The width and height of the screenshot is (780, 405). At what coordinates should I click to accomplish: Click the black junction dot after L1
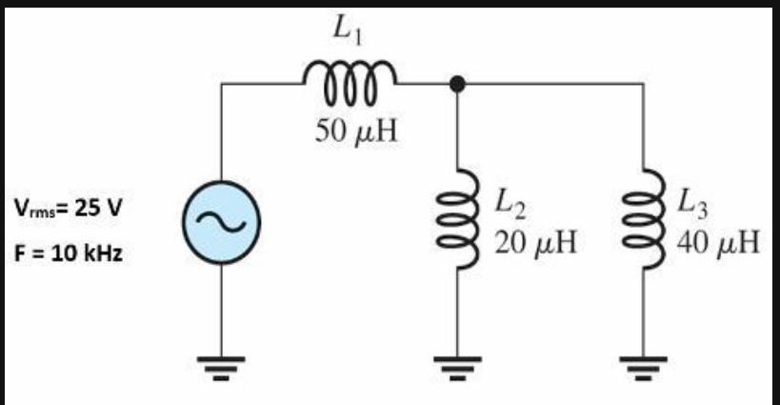pos(457,84)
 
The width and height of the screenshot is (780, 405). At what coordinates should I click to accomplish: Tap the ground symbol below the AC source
pos(220,364)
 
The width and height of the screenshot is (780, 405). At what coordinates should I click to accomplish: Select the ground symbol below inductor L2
pos(457,364)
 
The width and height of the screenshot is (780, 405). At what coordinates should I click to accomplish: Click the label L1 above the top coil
pos(348,31)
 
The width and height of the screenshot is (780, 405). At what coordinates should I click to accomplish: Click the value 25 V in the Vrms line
pos(98,208)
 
